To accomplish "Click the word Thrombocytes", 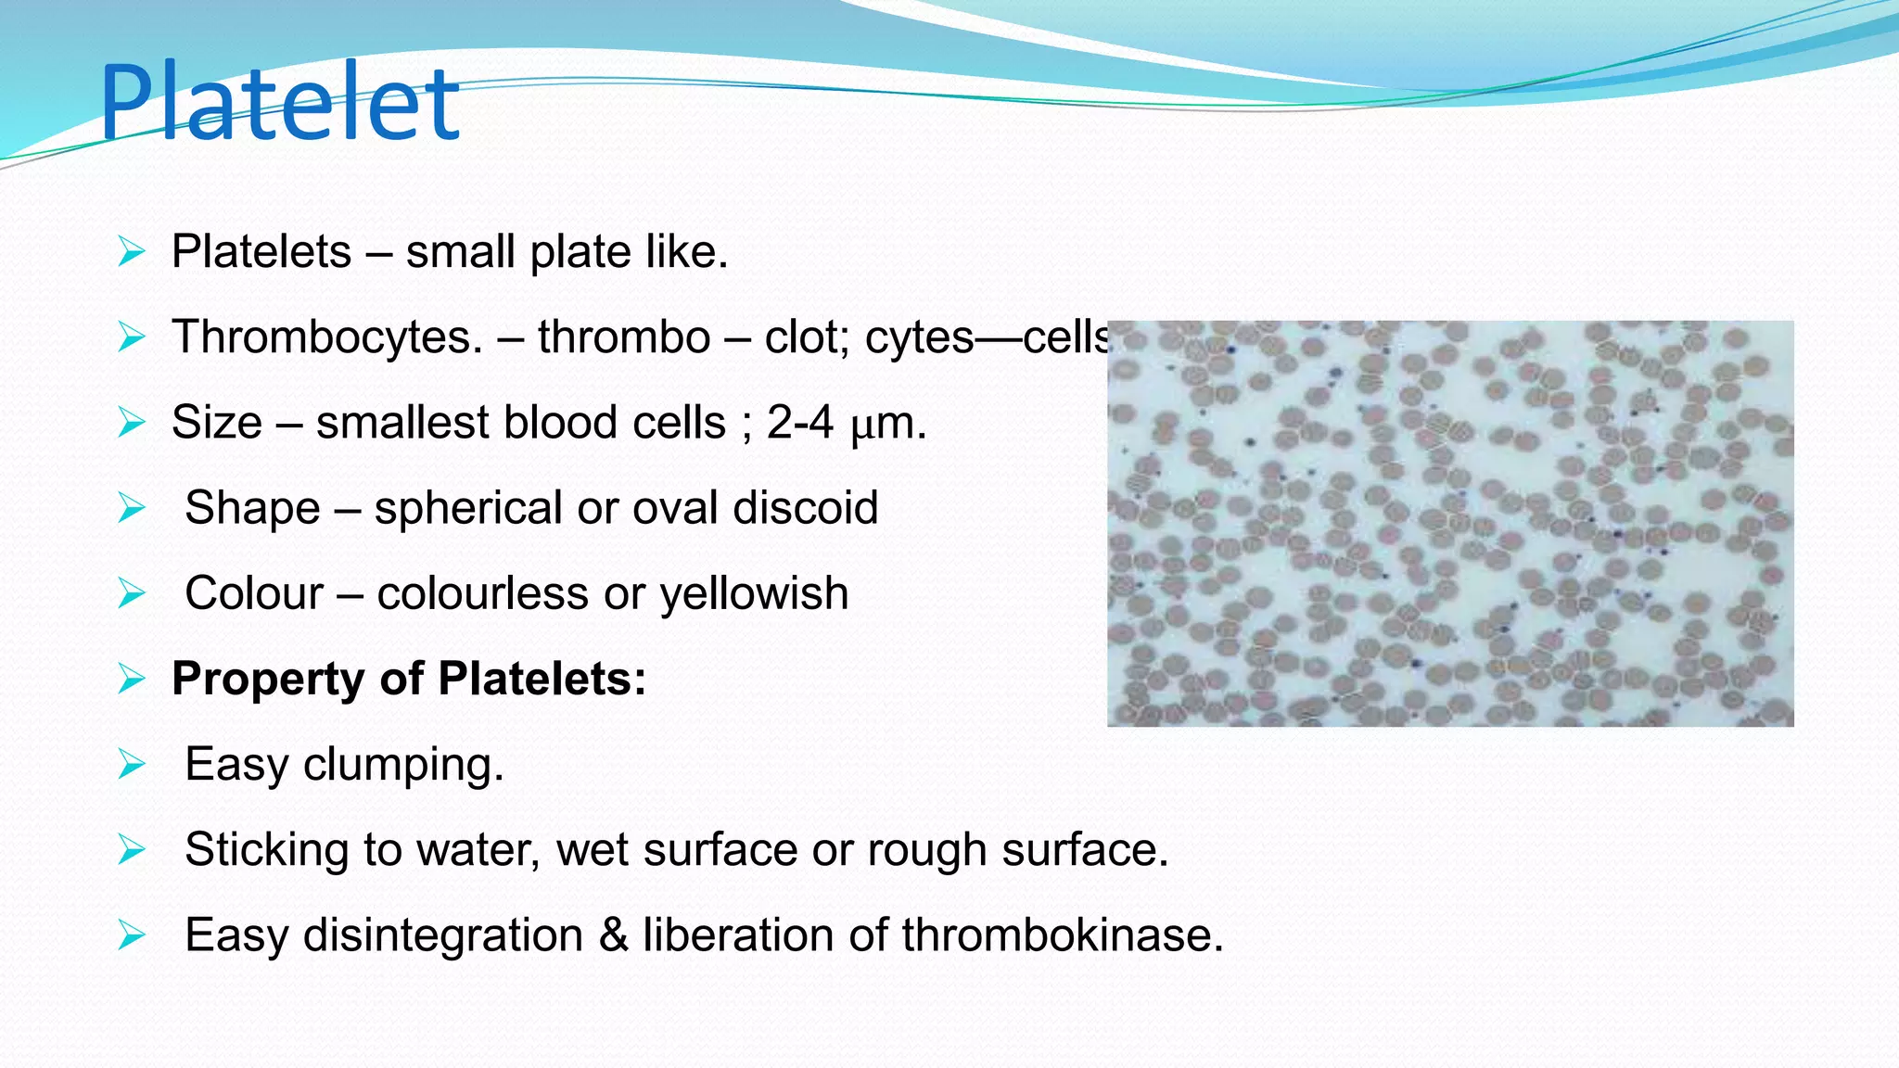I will pyautogui.click(x=326, y=337).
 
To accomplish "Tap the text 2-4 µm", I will pyautogui.click(x=846, y=423).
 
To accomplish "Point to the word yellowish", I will pyautogui.click(x=754, y=594).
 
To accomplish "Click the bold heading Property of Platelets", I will pyautogui.click(x=408, y=679).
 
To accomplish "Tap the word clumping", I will pyautogui.click(x=403, y=766).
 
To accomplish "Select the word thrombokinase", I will pyautogui.click(x=1062, y=935).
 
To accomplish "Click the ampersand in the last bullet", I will pyautogui.click(x=613, y=935).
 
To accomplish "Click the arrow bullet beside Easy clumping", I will pyautogui.click(x=132, y=766).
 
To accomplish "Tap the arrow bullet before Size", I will pyautogui.click(x=132, y=424).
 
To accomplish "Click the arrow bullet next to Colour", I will pyautogui.click(x=132, y=594).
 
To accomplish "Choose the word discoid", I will pyautogui.click(x=805, y=509).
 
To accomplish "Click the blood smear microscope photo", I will pyautogui.click(x=1449, y=523).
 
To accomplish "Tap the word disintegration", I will pyautogui.click(x=443, y=935).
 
